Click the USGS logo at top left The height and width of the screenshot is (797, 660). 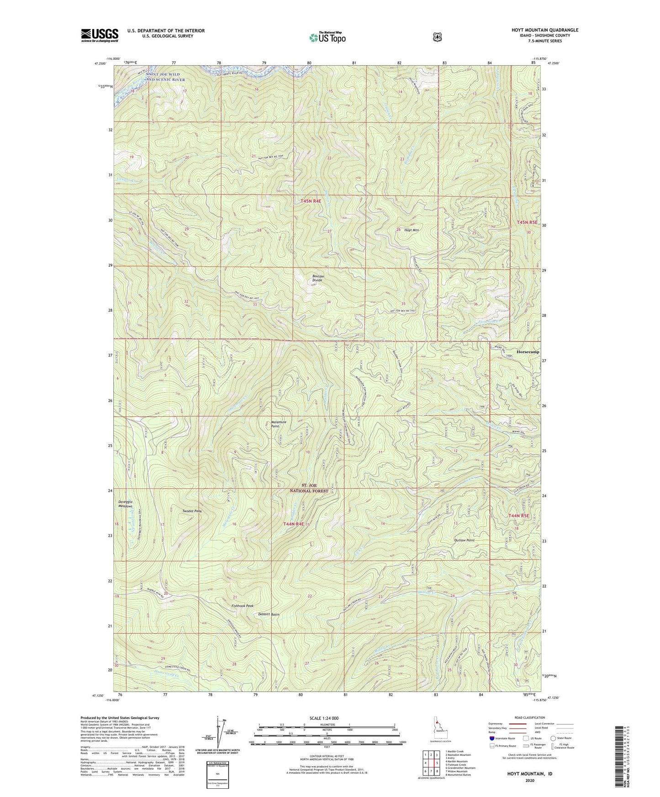coord(100,35)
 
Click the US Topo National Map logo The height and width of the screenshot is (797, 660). coord(327,37)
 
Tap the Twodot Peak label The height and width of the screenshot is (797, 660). coord(192,511)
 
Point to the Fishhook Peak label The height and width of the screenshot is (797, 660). coord(242,606)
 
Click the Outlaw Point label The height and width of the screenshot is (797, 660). coord(464,540)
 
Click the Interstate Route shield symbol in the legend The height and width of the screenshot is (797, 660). coord(491,738)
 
